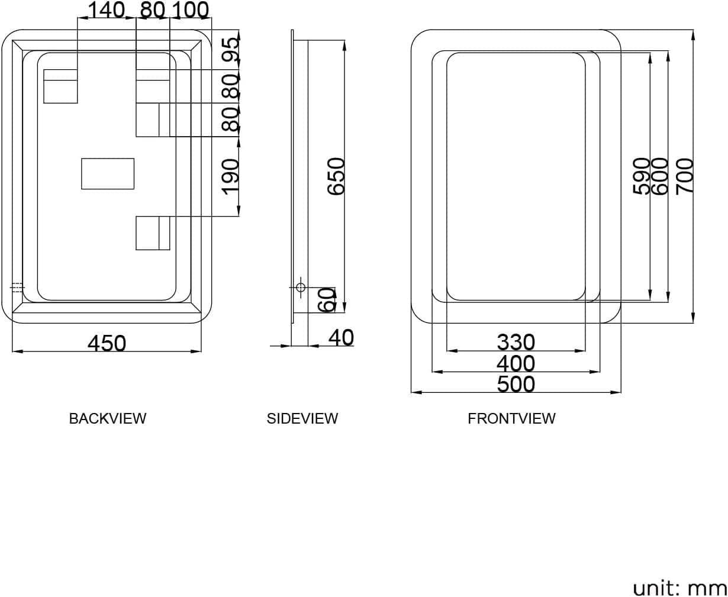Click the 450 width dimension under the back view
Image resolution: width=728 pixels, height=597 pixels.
coord(107,343)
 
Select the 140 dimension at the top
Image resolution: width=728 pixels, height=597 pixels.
coord(106,10)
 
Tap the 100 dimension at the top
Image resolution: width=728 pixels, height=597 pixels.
coord(190,10)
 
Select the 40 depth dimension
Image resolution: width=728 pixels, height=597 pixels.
coord(340,337)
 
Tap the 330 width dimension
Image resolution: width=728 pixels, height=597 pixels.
coord(516,342)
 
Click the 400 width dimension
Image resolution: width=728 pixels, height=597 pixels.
coord(516,363)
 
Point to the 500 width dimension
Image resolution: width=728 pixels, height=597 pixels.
coord(516,384)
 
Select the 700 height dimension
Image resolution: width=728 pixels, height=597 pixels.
coord(685,175)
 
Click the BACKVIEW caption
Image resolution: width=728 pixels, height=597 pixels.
coord(107,418)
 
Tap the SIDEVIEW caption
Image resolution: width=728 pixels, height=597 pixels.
coord(302,418)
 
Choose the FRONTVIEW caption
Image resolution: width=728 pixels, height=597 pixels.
coord(511,418)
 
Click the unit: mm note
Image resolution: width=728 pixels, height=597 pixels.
coord(679,588)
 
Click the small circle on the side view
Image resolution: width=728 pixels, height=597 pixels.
coord(300,288)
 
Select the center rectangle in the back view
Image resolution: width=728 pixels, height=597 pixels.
coord(108,174)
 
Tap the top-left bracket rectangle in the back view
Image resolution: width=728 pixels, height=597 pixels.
coord(60,86)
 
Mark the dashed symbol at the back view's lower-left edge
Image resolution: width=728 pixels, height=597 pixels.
coord(17,288)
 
